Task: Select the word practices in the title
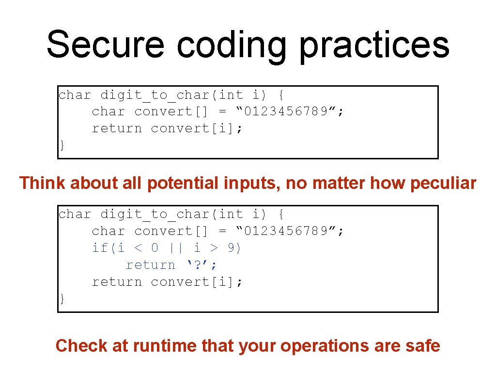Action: click(x=374, y=45)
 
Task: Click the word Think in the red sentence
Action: click(x=42, y=183)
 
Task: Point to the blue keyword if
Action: click(x=100, y=248)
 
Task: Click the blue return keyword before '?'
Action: click(x=150, y=265)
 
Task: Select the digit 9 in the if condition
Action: click(x=232, y=248)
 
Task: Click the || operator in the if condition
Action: click(x=176, y=248)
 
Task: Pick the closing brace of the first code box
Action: click(x=62, y=145)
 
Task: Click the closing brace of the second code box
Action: click(x=62, y=299)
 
